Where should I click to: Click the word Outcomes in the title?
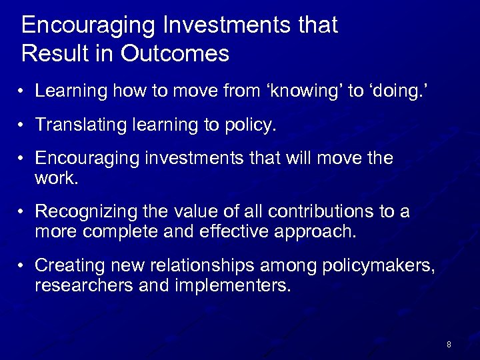175,53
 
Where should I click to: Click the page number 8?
449,345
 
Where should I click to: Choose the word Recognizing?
85,211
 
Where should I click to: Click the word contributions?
311,211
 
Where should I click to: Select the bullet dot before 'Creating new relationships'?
23,266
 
